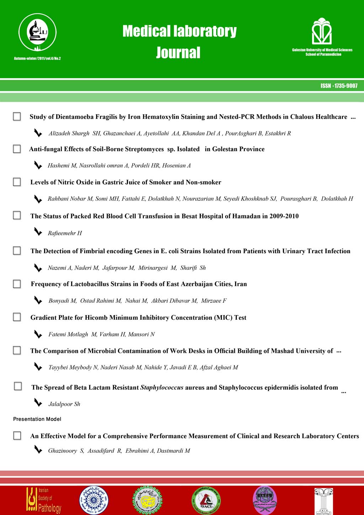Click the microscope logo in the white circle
click(x=37, y=34)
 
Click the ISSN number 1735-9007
click(x=339, y=86)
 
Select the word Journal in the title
click(x=178, y=53)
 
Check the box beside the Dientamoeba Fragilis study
click(x=17, y=117)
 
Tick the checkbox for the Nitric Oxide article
click(x=17, y=182)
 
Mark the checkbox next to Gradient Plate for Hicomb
click(x=17, y=317)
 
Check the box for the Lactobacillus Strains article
click(x=17, y=284)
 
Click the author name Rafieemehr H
click(x=65, y=233)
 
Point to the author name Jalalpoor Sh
click(x=64, y=404)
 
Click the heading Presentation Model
click(x=37, y=419)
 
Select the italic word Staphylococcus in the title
click(x=162, y=387)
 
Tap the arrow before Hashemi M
click(x=38, y=165)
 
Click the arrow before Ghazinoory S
click(x=38, y=450)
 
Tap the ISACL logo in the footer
click(x=206, y=500)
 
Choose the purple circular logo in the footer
click(x=264, y=500)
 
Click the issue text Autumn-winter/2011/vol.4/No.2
click(x=37, y=58)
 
